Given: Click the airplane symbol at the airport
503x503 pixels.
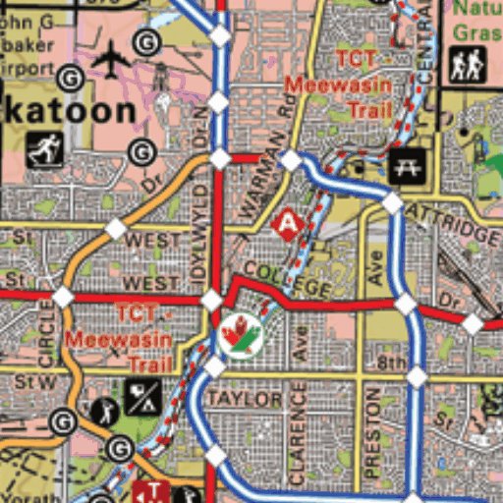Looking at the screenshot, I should click(x=111, y=60).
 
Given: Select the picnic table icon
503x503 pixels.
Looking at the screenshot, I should click(x=404, y=167).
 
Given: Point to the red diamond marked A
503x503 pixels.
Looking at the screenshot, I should click(x=286, y=224).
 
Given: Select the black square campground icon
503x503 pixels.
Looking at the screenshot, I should click(x=142, y=398).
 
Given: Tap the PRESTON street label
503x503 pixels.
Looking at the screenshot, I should click(x=372, y=432).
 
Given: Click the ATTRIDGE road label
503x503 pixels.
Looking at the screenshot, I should click(x=466, y=228).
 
